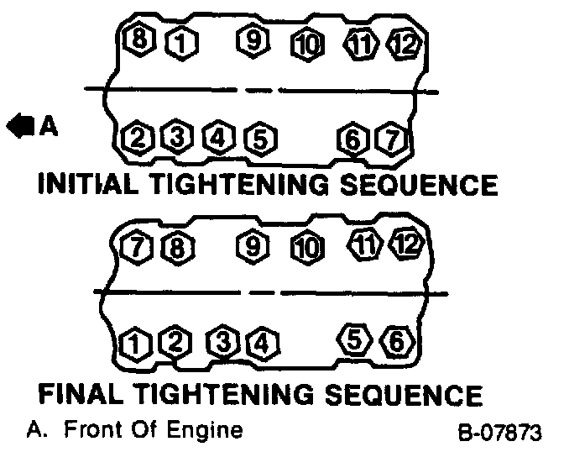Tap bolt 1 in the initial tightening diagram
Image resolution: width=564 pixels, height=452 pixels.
click(x=177, y=39)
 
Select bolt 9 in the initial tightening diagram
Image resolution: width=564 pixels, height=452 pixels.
click(x=251, y=39)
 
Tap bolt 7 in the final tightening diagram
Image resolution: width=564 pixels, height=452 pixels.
click(x=135, y=248)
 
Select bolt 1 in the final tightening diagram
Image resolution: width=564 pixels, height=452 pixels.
click(x=133, y=343)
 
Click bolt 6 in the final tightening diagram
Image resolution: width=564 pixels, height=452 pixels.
click(x=393, y=341)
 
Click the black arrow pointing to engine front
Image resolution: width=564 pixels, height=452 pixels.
click(x=17, y=127)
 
